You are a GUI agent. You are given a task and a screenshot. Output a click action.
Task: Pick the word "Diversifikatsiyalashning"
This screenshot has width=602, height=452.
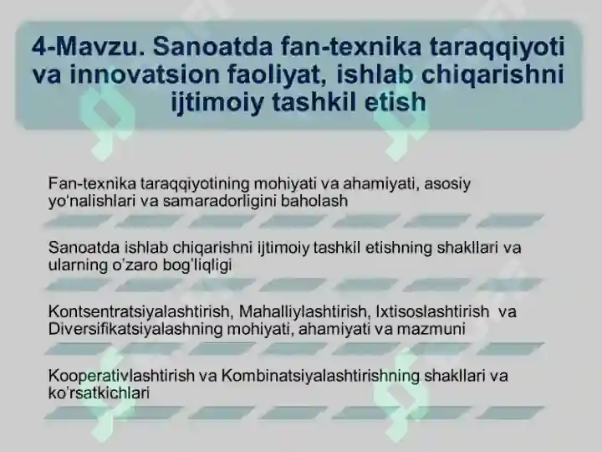pyautogui.click(x=134, y=329)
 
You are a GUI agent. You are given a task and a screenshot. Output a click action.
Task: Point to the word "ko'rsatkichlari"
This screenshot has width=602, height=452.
pyautogui.click(x=99, y=393)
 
